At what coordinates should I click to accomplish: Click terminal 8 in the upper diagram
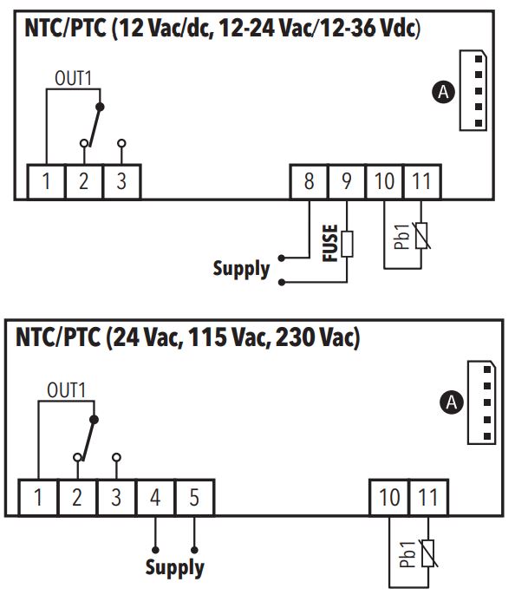(x=310, y=181)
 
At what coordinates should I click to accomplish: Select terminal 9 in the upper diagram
(x=347, y=181)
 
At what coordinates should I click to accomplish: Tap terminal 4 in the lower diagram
(x=155, y=498)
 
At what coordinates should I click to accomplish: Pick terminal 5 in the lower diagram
(x=194, y=498)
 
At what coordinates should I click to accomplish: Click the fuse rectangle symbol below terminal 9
(x=347, y=245)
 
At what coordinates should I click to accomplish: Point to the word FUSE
(x=330, y=243)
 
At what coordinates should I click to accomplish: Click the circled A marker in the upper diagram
(x=443, y=92)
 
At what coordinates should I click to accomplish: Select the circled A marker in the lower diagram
(x=452, y=402)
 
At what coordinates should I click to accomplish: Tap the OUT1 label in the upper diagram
(x=73, y=78)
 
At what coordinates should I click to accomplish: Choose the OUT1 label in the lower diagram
(x=66, y=390)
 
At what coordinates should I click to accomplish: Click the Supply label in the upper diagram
(x=241, y=269)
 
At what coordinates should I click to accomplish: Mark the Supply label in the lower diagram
(x=175, y=568)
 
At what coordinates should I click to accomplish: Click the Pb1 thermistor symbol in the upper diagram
(x=421, y=236)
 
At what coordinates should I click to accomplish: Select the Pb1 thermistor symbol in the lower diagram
(x=428, y=553)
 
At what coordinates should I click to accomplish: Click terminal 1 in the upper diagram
(x=46, y=181)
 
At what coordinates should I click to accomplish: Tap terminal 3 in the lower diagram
(x=116, y=498)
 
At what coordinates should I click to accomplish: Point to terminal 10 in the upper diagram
(x=384, y=181)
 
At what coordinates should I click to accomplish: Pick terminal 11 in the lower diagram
(x=428, y=498)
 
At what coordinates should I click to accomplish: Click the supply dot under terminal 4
(x=155, y=550)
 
